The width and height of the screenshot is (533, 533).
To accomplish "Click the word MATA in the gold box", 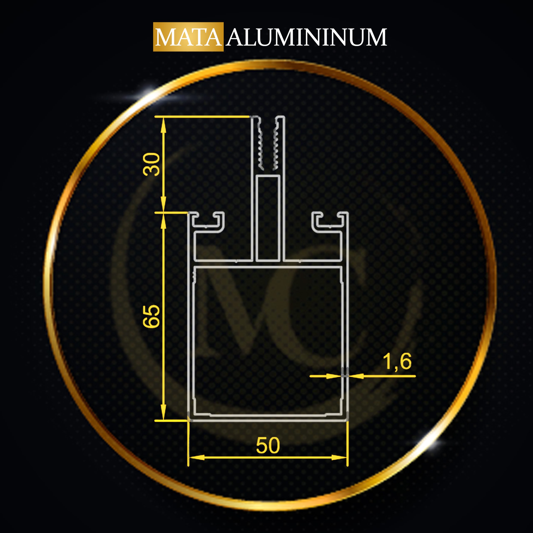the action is [188, 37].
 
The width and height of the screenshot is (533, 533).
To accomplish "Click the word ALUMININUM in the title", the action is [306, 37].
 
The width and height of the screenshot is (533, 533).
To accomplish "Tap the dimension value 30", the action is [151, 164].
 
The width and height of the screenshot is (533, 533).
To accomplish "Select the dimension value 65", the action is [151, 316].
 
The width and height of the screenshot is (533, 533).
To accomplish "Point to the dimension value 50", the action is [268, 446].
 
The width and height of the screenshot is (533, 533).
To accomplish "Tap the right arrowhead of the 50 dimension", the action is [339, 458].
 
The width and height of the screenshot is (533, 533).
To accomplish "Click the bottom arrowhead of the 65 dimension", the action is [163, 411].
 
